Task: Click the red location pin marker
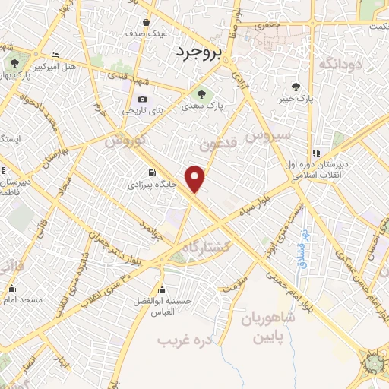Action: (196, 178)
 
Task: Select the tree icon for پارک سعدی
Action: (201, 95)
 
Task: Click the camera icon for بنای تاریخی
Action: (142, 100)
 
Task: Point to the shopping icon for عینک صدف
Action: (166, 23)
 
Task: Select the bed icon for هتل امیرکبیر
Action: (54, 55)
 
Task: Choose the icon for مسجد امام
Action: (11, 289)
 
